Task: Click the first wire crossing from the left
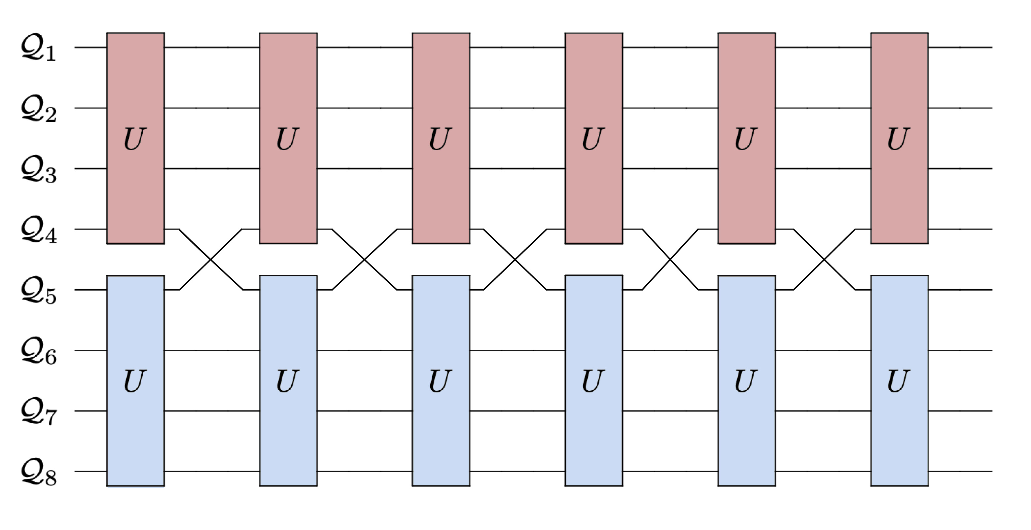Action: pos(211,260)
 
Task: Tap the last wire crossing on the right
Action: pos(824,260)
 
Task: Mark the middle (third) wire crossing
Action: pos(515,260)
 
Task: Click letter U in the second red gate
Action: pos(288,139)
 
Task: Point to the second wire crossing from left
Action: pos(364,260)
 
